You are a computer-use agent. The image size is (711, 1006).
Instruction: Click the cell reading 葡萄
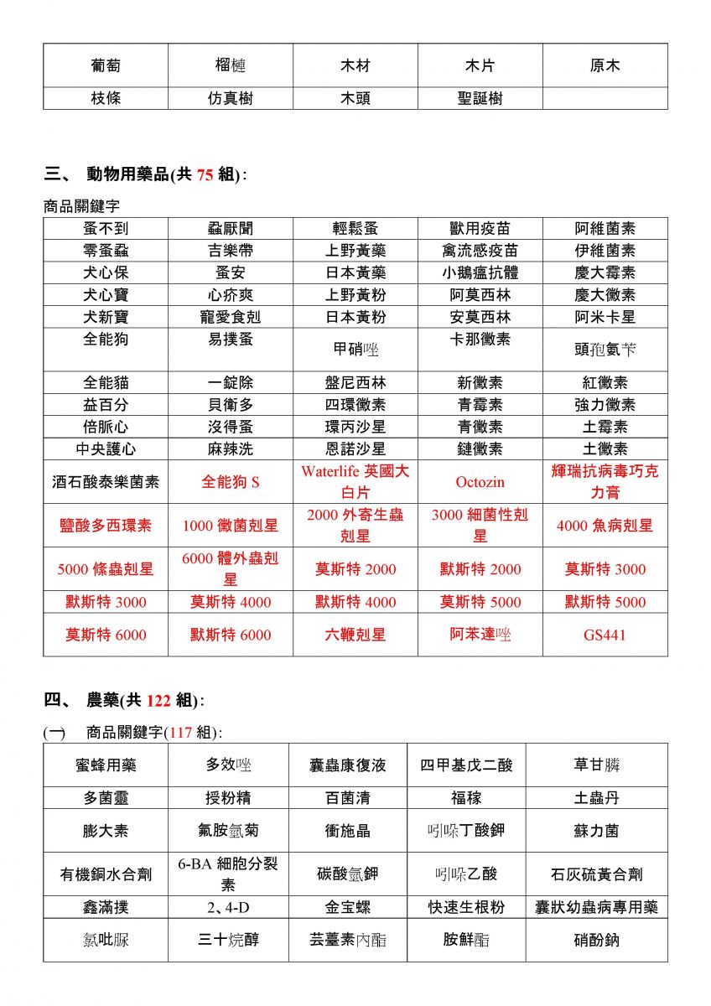[106, 65]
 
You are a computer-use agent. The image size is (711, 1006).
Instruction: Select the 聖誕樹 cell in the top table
[480, 98]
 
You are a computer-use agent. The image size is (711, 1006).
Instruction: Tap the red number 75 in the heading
[205, 175]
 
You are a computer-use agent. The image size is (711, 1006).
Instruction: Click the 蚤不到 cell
[106, 229]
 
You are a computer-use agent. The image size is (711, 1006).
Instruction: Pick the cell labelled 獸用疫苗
[480, 229]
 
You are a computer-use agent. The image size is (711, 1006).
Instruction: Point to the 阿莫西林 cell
[480, 295]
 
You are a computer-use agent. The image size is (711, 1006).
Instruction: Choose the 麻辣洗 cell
[231, 449]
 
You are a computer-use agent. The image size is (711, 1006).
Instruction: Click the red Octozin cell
[480, 482]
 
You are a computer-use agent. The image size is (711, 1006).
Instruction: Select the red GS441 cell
[605, 635]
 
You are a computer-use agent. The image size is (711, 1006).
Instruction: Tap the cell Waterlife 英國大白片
[355, 482]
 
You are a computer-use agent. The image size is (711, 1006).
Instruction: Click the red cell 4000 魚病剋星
[605, 526]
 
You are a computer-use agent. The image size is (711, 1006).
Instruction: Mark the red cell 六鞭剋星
[355, 635]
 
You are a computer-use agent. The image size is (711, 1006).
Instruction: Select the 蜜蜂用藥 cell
[106, 765]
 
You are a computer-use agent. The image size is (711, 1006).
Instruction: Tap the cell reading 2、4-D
[229, 907]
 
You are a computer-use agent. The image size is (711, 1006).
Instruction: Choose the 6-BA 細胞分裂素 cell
[229, 874]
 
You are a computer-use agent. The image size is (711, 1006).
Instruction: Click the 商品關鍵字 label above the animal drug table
[81, 205]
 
